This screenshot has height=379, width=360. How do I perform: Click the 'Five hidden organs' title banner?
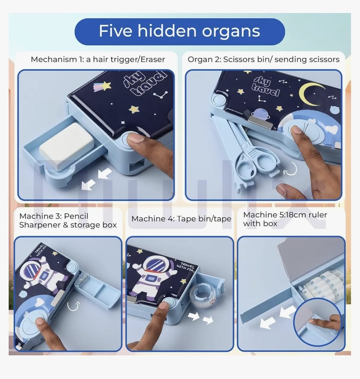pos(180,32)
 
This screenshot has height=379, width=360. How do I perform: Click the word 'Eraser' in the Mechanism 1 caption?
pos(153,59)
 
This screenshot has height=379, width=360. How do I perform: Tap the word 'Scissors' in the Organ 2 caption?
pos(239,59)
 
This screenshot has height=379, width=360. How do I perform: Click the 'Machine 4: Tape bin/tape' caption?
pos(181,219)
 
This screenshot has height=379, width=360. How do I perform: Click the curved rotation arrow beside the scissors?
pos(290,168)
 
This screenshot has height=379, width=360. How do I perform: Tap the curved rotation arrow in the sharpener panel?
pos(73,306)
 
